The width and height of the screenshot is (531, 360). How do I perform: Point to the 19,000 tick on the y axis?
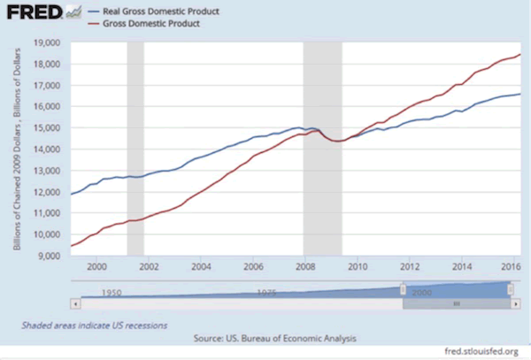(x=44, y=42)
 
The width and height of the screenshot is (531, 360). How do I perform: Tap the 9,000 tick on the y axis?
(x=47, y=257)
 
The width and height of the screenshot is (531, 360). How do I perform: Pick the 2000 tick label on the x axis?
(x=96, y=266)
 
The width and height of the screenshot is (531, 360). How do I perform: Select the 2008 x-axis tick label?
(x=305, y=266)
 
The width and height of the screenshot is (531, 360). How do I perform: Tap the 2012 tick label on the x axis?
(x=410, y=266)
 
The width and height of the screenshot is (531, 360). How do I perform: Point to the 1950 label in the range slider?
(x=111, y=291)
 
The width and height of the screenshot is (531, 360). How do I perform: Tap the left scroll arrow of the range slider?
(x=75, y=303)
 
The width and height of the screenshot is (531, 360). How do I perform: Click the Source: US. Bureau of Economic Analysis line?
(x=265, y=339)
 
